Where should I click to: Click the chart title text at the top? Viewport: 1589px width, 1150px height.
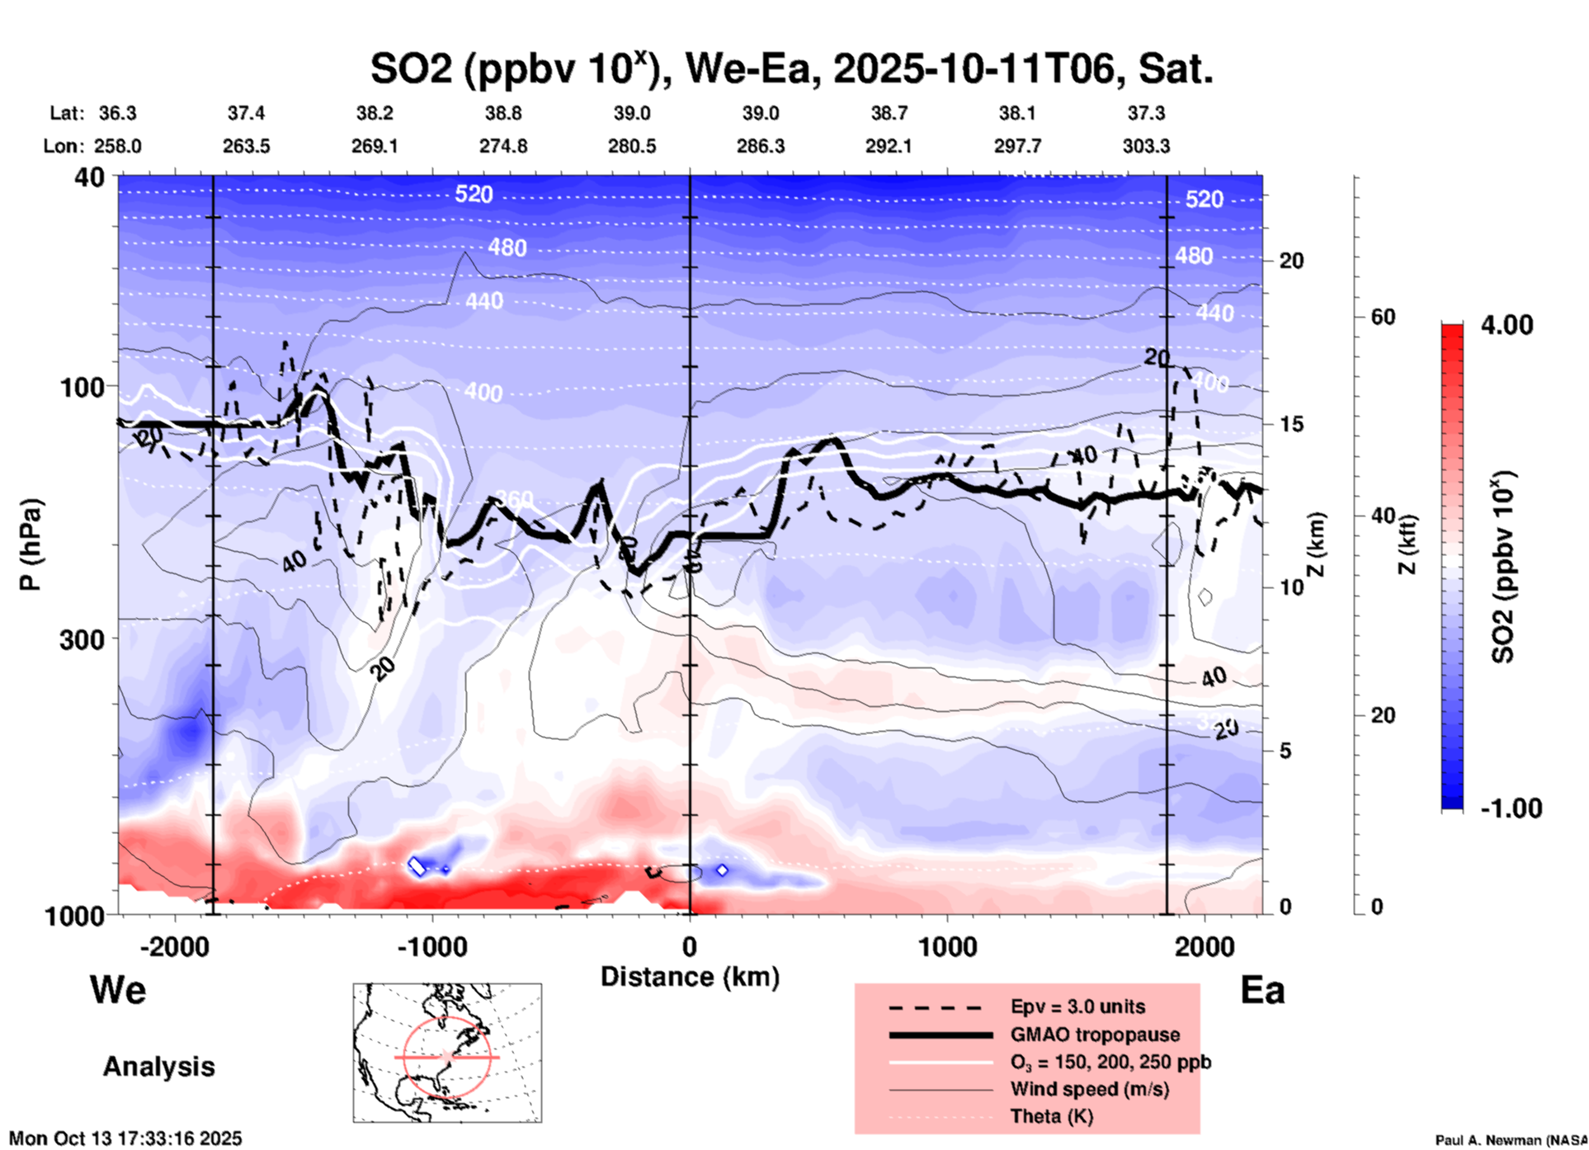point(790,69)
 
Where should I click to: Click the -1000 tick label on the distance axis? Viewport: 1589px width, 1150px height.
point(431,946)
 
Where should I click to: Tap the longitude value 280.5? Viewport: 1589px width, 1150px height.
point(632,146)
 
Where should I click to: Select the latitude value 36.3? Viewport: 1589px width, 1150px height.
point(117,113)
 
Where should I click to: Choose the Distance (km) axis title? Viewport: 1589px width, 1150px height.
point(690,977)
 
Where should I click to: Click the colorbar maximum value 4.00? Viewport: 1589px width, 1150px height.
point(1506,325)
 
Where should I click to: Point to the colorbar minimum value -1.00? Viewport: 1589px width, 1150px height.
point(1511,808)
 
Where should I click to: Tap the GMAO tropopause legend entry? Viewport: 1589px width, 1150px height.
point(1095,1035)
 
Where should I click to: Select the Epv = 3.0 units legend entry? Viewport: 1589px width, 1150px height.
point(1077,1007)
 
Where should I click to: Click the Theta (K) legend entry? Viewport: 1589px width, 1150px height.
point(1051,1116)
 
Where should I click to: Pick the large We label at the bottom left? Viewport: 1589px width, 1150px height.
point(118,990)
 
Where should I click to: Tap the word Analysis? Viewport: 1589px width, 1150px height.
point(158,1067)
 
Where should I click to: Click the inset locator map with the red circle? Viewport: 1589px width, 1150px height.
point(447,1053)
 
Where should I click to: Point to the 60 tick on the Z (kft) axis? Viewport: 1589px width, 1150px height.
point(1382,318)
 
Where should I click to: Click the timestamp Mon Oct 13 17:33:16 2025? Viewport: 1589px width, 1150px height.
point(125,1138)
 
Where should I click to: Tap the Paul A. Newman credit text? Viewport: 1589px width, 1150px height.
point(1511,1140)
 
